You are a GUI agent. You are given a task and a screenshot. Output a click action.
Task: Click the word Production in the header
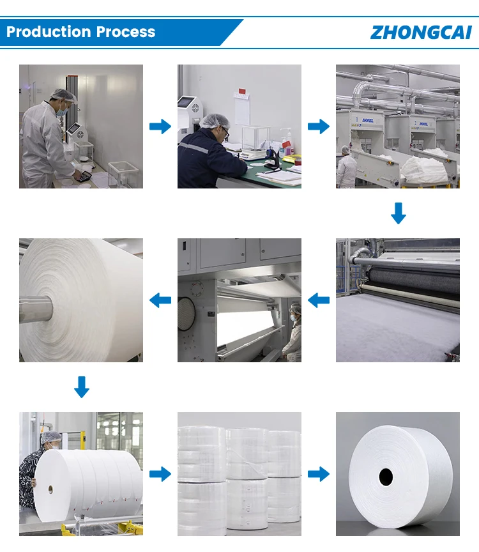tap(49, 32)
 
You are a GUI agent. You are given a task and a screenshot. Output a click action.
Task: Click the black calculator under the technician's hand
tap(82, 178)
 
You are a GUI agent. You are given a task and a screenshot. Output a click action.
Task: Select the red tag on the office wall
tap(242, 93)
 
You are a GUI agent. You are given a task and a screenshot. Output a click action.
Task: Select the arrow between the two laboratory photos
tap(160, 126)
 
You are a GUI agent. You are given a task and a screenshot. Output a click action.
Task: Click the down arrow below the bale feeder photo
tap(398, 213)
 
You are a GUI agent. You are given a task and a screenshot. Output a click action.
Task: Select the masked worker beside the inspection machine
tap(294, 332)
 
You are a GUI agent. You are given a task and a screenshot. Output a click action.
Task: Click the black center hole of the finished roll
tap(385, 476)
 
